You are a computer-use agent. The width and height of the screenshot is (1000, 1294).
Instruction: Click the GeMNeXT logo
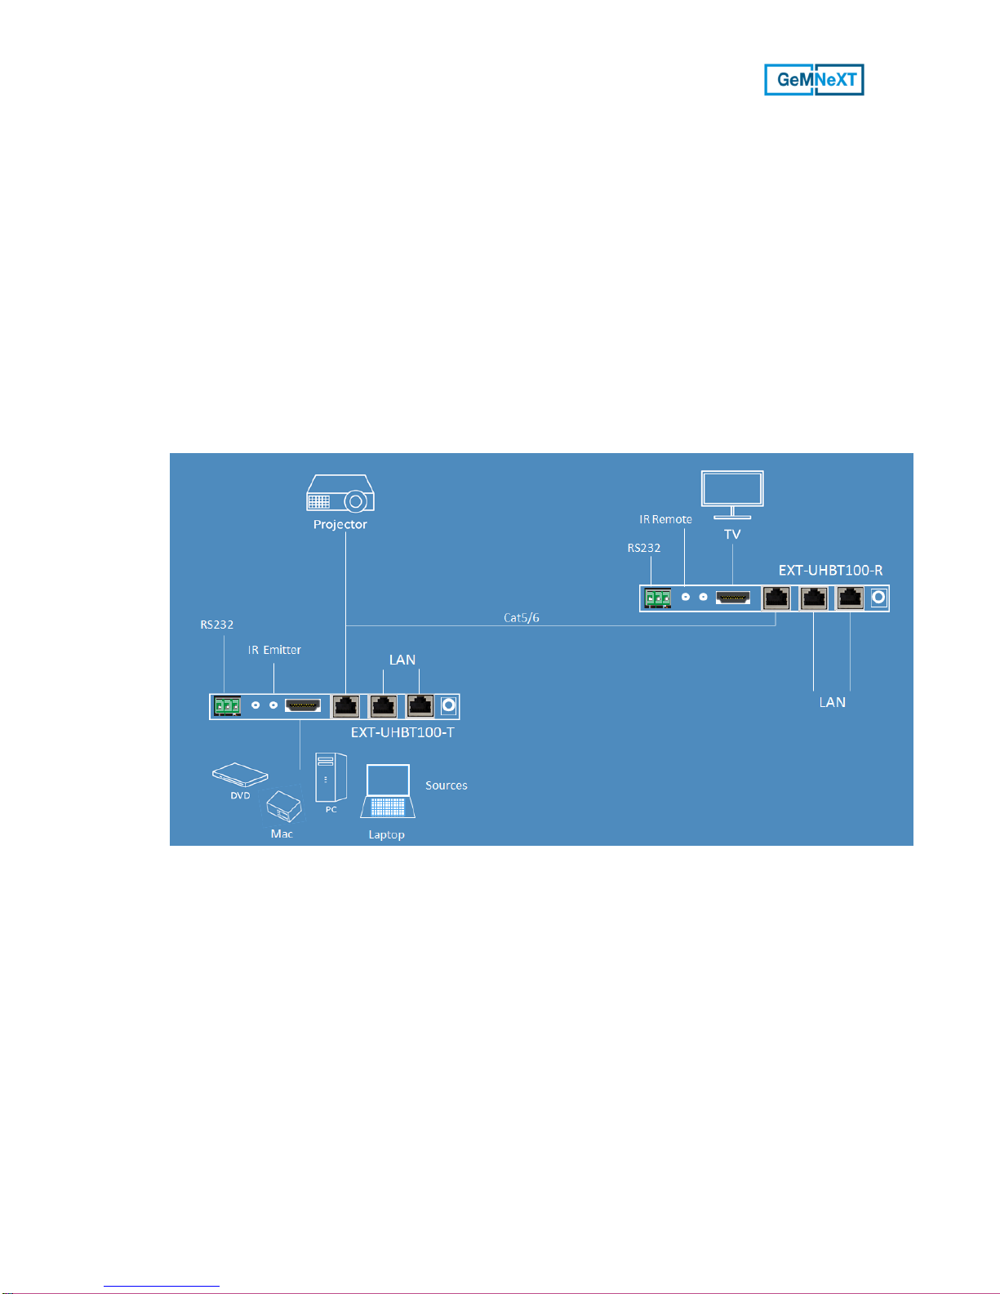(814, 80)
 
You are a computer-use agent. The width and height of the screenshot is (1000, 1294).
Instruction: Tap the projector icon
(340, 493)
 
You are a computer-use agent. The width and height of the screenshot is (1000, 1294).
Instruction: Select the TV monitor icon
(732, 495)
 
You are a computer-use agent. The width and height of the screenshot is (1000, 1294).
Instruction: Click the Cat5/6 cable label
(522, 618)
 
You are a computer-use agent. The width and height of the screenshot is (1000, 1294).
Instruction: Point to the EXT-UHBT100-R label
(830, 571)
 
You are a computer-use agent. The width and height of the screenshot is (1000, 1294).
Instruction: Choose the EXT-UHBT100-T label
(402, 732)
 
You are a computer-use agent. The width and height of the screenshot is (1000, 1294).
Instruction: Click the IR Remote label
(665, 519)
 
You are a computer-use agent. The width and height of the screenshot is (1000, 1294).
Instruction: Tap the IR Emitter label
(274, 650)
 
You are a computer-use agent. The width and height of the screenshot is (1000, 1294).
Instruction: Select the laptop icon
(388, 791)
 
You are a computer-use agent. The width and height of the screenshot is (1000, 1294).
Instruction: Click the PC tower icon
(331, 777)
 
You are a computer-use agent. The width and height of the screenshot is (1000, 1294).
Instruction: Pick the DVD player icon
(241, 774)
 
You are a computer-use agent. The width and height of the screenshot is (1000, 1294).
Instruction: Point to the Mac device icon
(284, 807)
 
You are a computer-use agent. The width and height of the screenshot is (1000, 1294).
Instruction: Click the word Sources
(447, 785)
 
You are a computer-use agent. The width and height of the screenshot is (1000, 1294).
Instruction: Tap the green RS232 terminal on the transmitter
(228, 706)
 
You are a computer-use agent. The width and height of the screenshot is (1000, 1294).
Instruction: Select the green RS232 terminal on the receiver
(658, 598)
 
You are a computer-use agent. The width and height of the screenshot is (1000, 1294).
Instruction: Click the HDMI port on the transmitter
(303, 705)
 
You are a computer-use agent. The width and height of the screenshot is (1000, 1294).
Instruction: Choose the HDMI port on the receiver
(733, 598)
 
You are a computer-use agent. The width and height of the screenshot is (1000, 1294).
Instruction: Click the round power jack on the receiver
(878, 598)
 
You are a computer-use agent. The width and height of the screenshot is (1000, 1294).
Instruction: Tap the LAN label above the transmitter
(402, 660)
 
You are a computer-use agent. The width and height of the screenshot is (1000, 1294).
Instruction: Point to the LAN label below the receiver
(832, 703)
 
